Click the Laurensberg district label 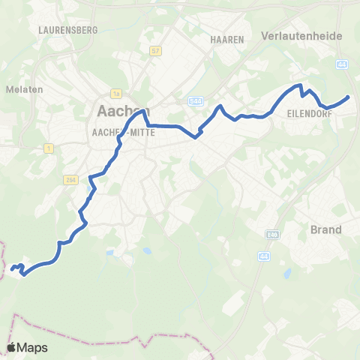[63, 30]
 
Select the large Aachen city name [120, 111]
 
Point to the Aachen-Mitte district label [121, 132]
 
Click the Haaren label [227, 39]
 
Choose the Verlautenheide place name [301, 35]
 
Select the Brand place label [325, 229]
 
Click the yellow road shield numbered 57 [156, 51]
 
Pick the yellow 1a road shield [115, 94]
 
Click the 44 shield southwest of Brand [263, 256]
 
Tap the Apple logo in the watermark [12, 347]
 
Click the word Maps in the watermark [34, 348]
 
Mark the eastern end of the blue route [349, 97]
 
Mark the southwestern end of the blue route [11, 268]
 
